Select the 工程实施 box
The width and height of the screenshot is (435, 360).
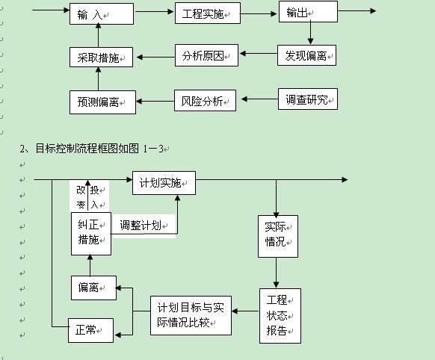[x=206, y=14]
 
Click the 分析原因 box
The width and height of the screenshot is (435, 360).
[x=206, y=55]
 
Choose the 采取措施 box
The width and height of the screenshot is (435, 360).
[x=102, y=57]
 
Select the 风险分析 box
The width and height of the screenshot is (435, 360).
[x=206, y=100]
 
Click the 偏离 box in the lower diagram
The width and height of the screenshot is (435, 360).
[x=93, y=288]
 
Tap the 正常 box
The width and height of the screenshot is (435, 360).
[x=90, y=329]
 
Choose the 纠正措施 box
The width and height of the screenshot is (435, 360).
[x=90, y=232]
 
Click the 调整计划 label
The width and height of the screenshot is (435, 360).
[x=142, y=225]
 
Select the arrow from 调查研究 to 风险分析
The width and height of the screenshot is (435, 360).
[x=256, y=99]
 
